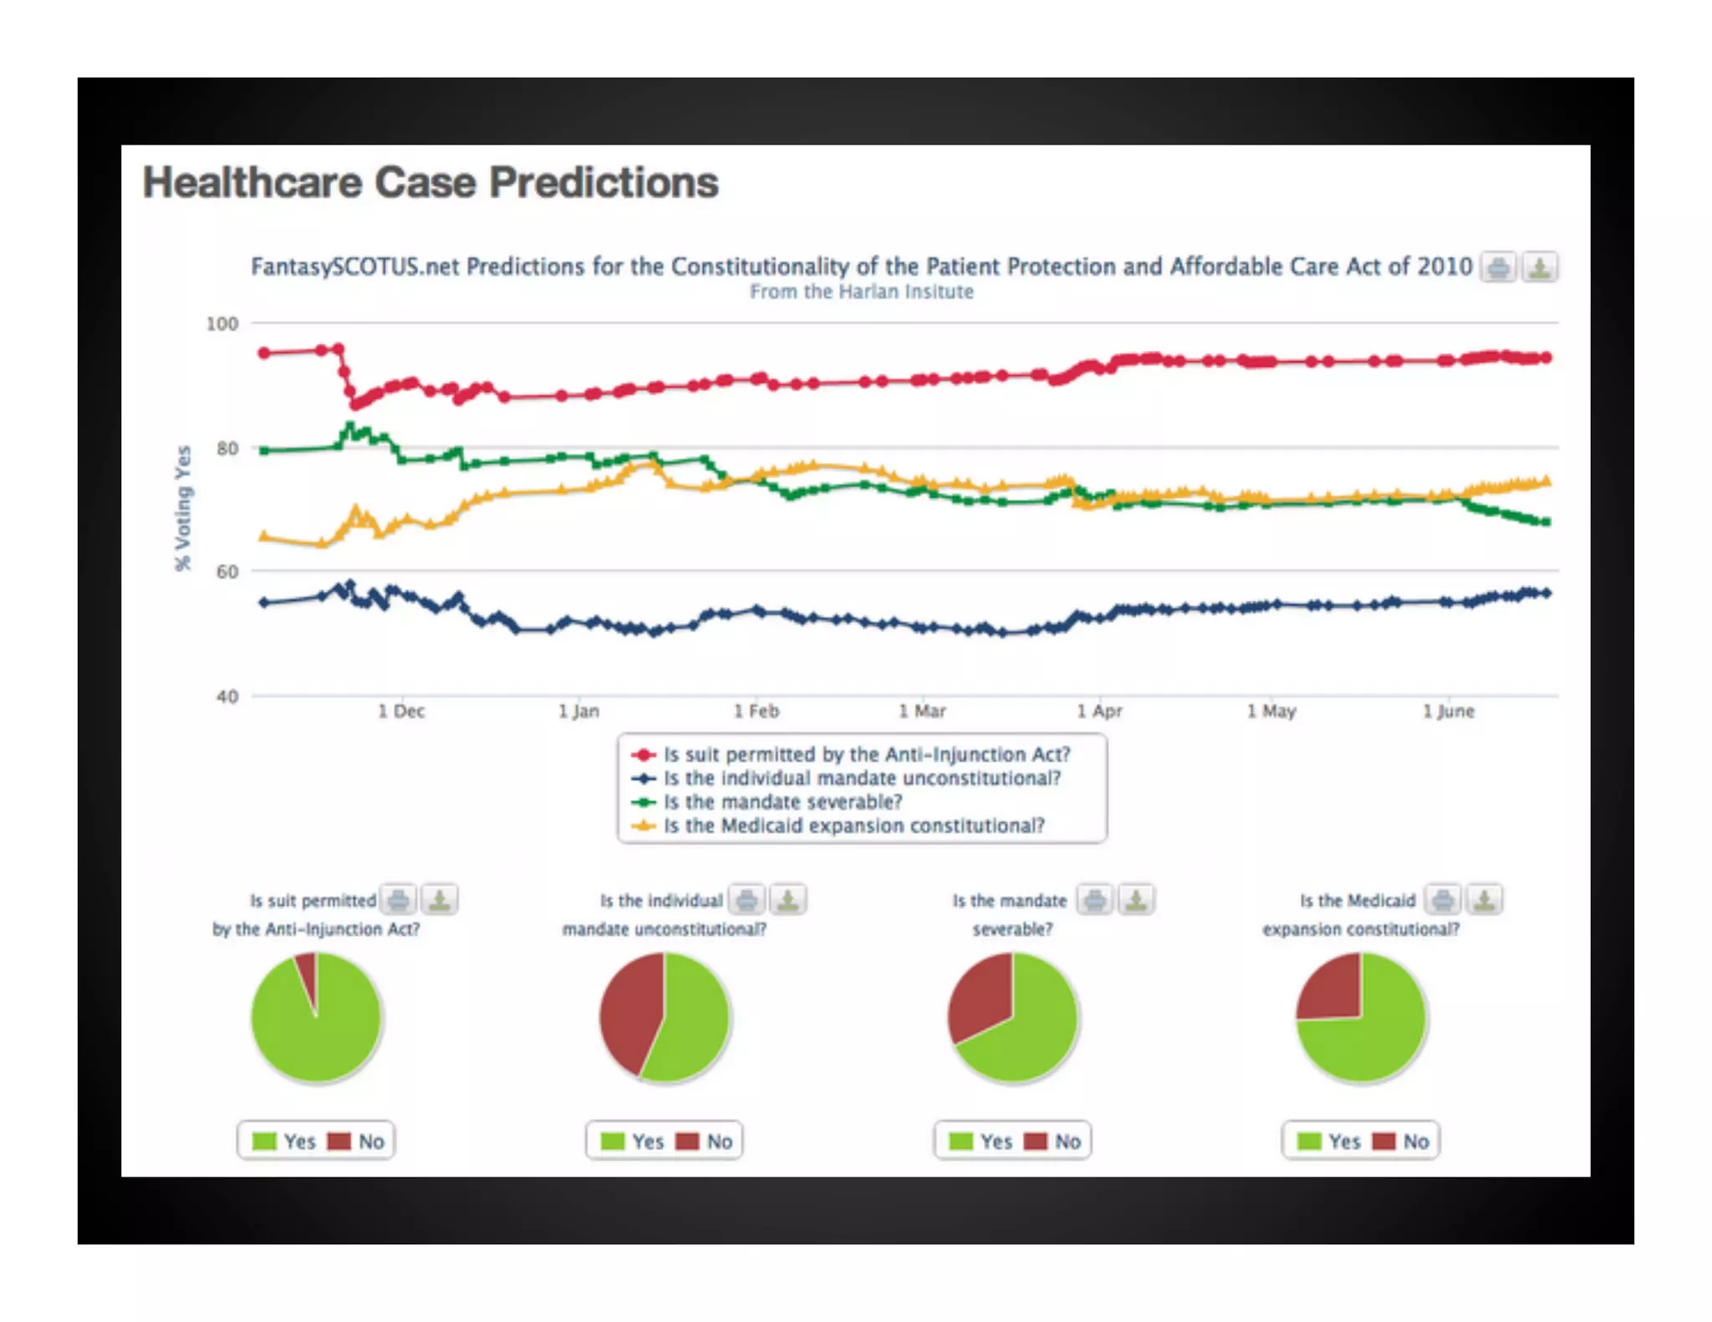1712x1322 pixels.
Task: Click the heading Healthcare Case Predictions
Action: point(430,182)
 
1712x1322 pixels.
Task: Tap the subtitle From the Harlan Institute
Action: point(861,292)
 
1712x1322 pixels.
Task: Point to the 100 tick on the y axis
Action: point(222,323)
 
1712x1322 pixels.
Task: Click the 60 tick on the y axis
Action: point(227,572)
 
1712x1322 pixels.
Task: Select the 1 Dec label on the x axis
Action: point(401,711)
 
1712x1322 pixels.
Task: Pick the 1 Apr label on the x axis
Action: point(1099,711)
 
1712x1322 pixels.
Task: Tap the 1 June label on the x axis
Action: point(1449,711)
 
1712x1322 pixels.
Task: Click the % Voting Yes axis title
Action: point(183,508)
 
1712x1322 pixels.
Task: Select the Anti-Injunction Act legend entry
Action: point(866,755)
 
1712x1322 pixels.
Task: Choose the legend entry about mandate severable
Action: point(782,802)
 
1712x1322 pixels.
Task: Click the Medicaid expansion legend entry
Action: point(853,826)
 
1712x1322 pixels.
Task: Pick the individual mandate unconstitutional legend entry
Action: point(862,778)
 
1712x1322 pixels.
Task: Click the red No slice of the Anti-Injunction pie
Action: point(308,974)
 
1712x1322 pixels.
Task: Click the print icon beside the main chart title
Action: point(1498,267)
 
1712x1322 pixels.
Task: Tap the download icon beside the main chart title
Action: point(1539,267)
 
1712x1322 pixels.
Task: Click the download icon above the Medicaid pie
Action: point(1485,900)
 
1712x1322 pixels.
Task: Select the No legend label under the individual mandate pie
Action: point(719,1141)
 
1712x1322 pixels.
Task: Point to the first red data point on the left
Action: point(264,353)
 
